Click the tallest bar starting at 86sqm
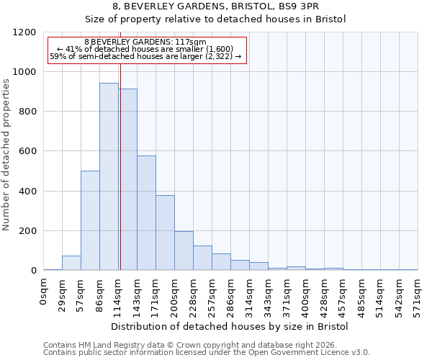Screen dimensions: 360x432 coord(109,176)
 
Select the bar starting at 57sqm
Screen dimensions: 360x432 coord(90,220)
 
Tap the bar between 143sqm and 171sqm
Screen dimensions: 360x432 coord(146,213)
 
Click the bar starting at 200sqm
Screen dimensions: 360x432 coord(184,251)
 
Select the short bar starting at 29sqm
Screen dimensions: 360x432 coord(71,263)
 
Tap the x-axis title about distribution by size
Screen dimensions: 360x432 coord(230,326)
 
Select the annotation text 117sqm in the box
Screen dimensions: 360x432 coord(147,42)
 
